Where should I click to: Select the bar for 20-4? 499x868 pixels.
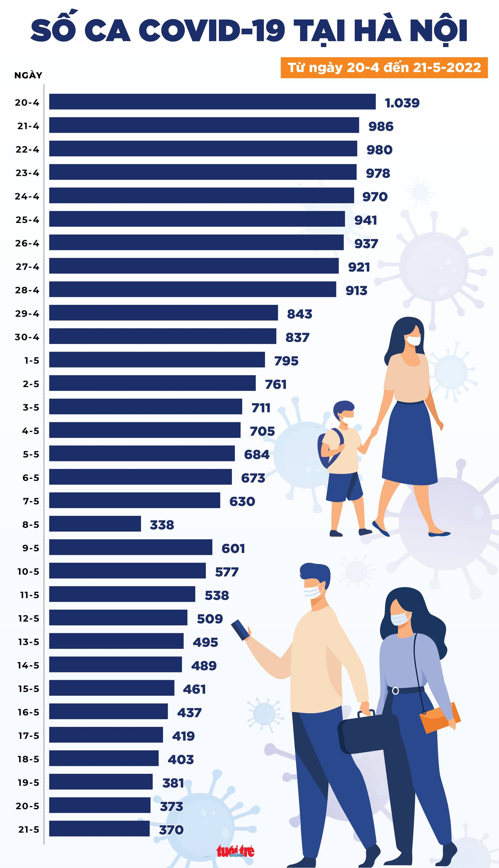212,102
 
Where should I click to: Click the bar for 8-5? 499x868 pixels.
95,523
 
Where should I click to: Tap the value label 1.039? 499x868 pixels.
402,103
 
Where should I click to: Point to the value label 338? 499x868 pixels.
162,524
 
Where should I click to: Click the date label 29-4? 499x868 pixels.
27,313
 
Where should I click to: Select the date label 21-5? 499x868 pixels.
29,829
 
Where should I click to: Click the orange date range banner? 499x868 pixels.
384,67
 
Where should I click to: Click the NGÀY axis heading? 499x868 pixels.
28,75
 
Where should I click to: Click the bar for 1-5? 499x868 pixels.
157,360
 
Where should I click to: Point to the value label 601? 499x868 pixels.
233,548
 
